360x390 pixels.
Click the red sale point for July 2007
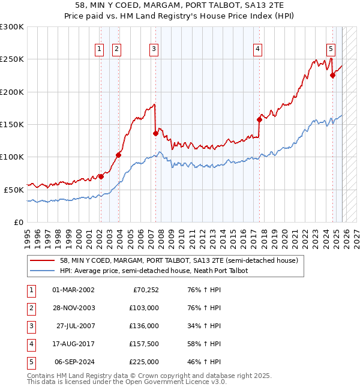click(155, 133)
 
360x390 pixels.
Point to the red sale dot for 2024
click(332, 75)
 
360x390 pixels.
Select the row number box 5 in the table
click(29, 362)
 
